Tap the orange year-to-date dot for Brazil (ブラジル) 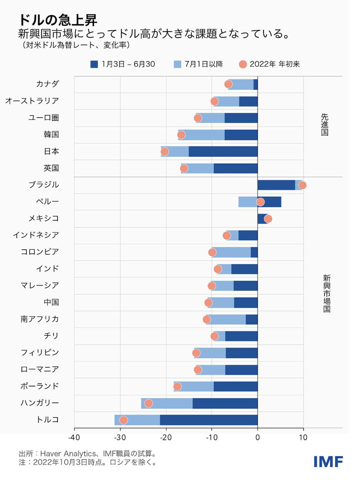coord(302,185)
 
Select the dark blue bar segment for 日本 coord(223,151)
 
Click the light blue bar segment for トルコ coord(137,420)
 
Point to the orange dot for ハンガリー coord(148,403)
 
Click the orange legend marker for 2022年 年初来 coord(243,64)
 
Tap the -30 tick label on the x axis coord(120,438)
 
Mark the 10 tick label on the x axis coord(303,438)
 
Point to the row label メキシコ coord(44,218)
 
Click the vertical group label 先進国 coord(324,124)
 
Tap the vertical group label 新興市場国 coord(326,294)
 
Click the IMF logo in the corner coord(328,462)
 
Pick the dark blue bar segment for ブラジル coord(276,185)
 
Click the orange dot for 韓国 coord(181,135)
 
